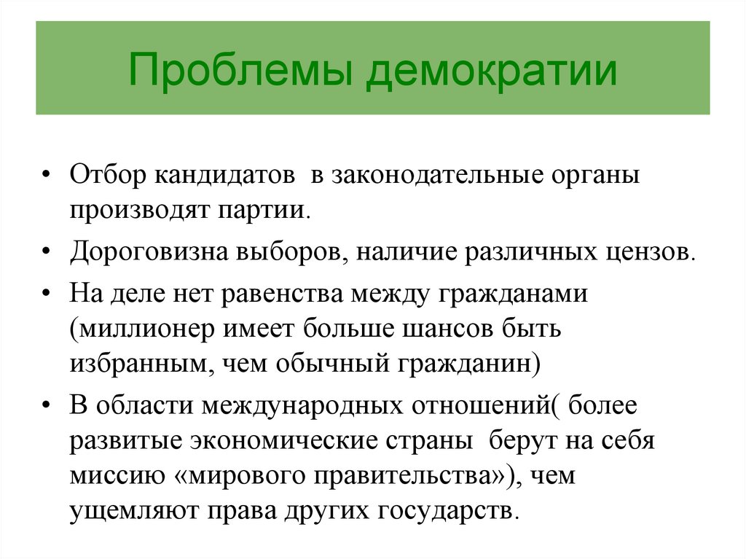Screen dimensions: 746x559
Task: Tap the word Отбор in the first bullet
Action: (x=108, y=175)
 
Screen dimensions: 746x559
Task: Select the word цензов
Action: (x=651, y=252)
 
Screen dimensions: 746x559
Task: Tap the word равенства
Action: (x=282, y=293)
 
